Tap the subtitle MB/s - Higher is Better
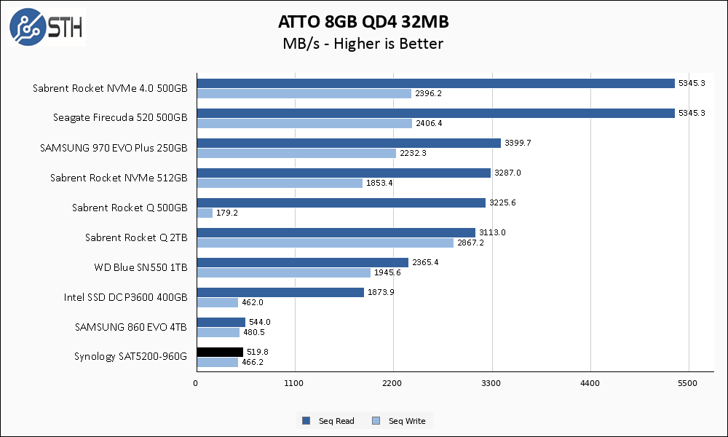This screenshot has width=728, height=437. click(363, 44)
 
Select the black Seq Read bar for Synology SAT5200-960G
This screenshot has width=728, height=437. click(219, 352)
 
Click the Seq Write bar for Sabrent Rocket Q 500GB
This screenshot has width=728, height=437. click(205, 213)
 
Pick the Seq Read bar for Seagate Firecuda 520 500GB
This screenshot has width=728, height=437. click(435, 114)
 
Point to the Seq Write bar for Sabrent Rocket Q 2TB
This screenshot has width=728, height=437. click(325, 243)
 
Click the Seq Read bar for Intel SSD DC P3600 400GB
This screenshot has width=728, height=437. click(280, 292)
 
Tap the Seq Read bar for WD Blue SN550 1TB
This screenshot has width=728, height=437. click(302, 262)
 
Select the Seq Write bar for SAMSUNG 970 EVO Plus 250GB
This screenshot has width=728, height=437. click(296, 153)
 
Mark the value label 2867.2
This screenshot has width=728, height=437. click(470, 243)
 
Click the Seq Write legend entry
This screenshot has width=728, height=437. click(400, 421)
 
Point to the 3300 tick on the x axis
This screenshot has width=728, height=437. click(491, 382)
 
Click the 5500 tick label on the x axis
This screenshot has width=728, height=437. click(688, 382)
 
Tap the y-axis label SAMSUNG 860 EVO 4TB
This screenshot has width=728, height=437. click(131, 327)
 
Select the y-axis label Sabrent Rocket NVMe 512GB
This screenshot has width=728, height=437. click(119, 178)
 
